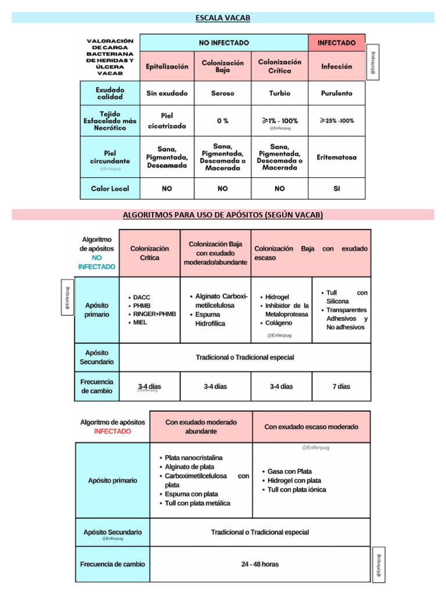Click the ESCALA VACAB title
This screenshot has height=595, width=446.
click(x=223, y=18)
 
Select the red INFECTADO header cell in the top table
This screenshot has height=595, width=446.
click(x=337, y=42)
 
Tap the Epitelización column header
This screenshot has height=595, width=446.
click(x=167, y=66)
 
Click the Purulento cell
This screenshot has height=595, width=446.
click(x=337, y=93)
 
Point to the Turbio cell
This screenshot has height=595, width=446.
click(x=279, y=93)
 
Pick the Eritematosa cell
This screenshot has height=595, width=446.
click(x=337, y=157)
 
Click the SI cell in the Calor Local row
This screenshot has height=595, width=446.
click(x=337, y=188)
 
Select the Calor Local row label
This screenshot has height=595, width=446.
click(x=110, y=188)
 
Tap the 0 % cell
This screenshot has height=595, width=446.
click(x=222, y=121)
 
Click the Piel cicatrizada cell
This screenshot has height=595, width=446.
click(x=167, y=120)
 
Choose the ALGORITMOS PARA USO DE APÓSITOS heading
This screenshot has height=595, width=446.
click(x=223, y=215)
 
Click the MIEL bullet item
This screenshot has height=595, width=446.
click(x=140, y=322)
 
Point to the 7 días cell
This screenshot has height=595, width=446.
click(x=341, y=386)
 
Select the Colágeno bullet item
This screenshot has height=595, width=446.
click(x=279, y=323)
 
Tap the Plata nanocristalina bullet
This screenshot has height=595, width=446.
click(x=193, y=458)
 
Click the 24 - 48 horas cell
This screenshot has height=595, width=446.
click(x=260, y=564)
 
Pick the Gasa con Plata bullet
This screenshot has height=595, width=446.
click(x=290, y=471)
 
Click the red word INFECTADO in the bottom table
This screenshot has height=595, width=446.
click(x=113, y=431)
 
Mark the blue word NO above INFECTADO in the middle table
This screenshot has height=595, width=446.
click(x=97, y=257)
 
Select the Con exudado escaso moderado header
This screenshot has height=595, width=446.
click(x=311, y=426)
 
